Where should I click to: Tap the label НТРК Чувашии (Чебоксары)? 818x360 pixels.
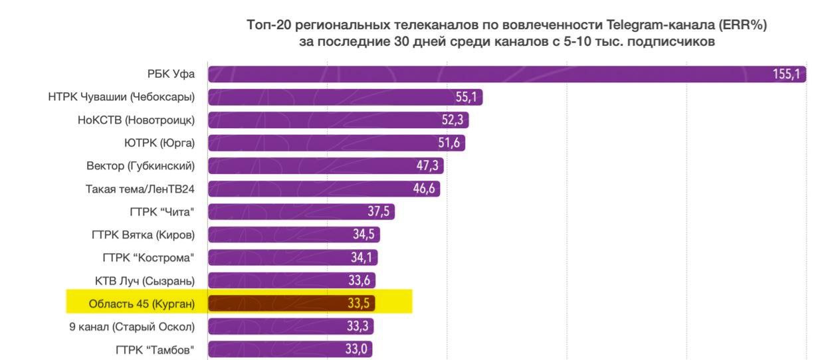pyautogui.click(x=122, y=98)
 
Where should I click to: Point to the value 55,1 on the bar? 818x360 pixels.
pyautogui.click(x=466, y=98)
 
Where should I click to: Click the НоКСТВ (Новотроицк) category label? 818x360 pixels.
pyautogui.click(x=136, y=120)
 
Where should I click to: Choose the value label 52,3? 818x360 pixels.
pyautogui.click(x=455, y=120)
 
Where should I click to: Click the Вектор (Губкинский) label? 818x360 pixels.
pyautogui.click(x=140, y=166)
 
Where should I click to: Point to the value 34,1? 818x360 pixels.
pyautogui.click(x=362, y=257)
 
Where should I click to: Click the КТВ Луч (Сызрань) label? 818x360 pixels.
pyautogui.click(x=145, y=280)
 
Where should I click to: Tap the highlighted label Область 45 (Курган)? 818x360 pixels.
pyautogui.click(x=142, y=304)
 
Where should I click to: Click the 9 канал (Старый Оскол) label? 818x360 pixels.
pyautogui.click(x=132, y=326)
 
